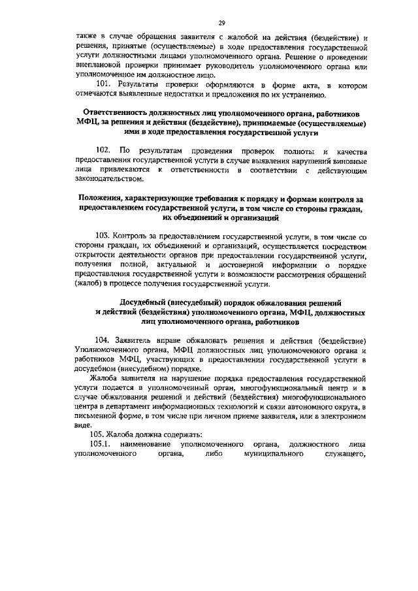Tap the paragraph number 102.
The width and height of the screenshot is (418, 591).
(x=104, y=151)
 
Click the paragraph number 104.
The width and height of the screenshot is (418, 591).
(x=103, y=340)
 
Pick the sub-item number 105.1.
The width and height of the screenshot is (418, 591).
(x=103, y=445)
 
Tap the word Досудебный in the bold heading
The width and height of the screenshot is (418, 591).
(x=146, y=303)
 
